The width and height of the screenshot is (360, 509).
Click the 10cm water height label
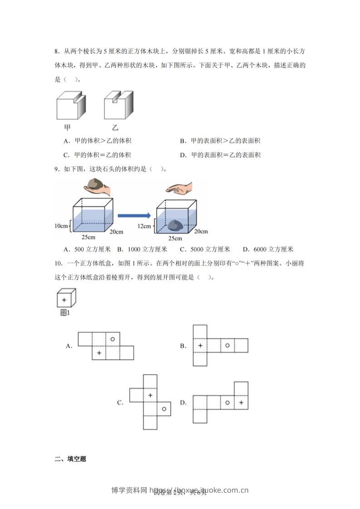[61, 225]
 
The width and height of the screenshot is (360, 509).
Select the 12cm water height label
[144, 225]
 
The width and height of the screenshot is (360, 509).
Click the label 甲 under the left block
[67, 127]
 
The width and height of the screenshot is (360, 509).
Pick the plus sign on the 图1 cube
[64, 300]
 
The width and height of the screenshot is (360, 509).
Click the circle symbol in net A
[113, 338]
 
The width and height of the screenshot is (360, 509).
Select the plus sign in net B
[200, 346]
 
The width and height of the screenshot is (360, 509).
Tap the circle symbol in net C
[164, 409]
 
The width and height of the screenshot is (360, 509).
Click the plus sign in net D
[241, 402]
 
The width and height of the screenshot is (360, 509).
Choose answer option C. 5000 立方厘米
[205, 249]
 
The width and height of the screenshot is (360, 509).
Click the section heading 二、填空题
[70, 459]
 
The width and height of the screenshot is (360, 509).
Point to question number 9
[57, 170]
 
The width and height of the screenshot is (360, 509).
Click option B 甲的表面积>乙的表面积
[220, 141]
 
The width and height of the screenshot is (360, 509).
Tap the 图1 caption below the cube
[65, 313]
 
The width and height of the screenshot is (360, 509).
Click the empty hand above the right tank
[179, 187]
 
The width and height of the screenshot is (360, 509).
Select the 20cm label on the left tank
[116, 232]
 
